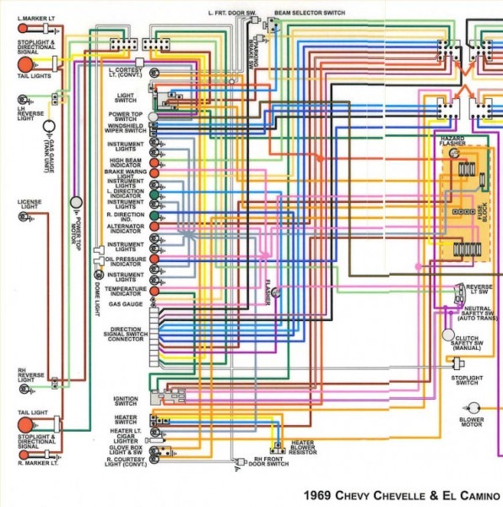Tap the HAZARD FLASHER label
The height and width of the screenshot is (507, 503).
(x=452, y=140)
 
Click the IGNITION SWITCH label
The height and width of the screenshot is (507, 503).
(x=126, y=401)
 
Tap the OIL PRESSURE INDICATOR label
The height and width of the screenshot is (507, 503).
(x=126, y=261)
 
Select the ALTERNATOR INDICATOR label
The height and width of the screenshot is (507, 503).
(x=126, y=229)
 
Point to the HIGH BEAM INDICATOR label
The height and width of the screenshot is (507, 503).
(x=126, y=161)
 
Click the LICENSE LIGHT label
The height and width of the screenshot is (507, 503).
(x=29, y=205)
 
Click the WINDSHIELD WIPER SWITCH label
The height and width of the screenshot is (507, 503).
(x=126, y=130)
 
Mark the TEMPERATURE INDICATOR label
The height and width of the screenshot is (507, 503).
(x=126, y=291)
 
